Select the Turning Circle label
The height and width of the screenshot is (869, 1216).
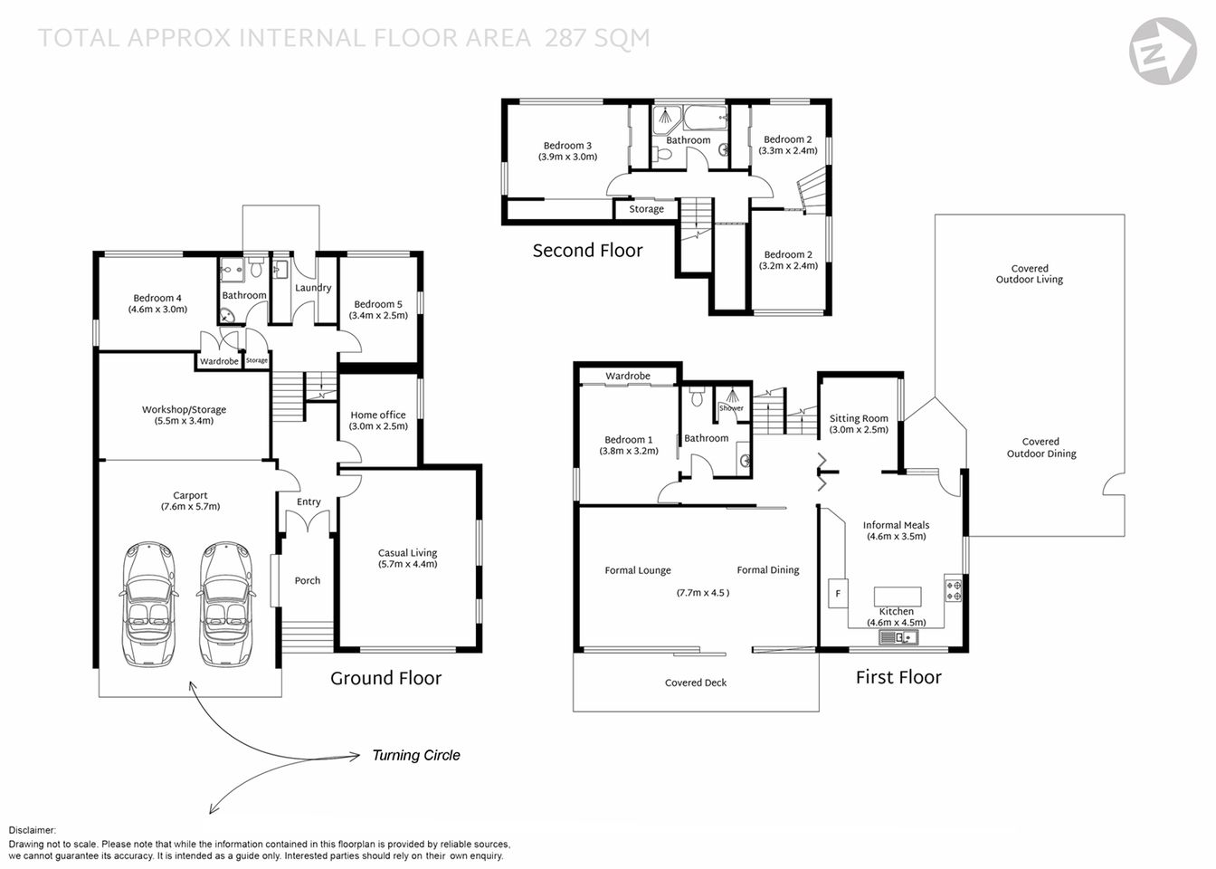point(416,755)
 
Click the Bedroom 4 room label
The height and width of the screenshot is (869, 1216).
point(157,298)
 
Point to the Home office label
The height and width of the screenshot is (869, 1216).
point(378,415)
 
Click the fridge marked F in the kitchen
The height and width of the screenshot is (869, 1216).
point(838,594)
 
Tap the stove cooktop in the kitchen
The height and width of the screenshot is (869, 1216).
point(954,591)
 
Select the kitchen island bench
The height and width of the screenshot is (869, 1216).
point(897,596)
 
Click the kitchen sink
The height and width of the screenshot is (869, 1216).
point(898,638)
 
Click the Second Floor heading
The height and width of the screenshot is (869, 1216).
point(587,251)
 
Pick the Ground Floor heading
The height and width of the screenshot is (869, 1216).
point(385,678)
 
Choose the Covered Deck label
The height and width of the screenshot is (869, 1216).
point(695,683)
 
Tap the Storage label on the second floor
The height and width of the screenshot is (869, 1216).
point(646,209)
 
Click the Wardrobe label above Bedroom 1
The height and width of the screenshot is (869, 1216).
point(628,376)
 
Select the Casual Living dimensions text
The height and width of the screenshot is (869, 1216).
point(407,564)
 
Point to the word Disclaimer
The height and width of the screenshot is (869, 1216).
point(33,830)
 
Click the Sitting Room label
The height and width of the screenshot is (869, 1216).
point(859,418)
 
